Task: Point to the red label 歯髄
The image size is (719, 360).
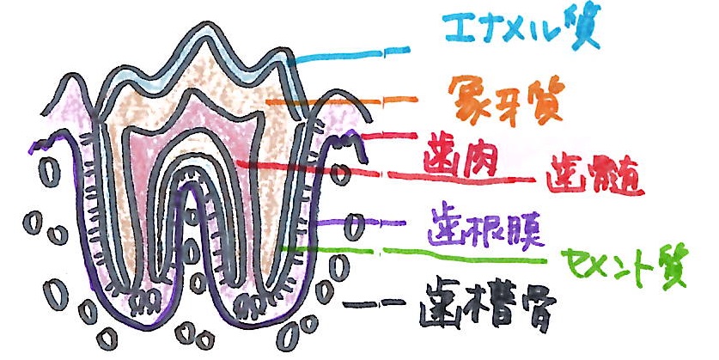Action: click(593, 176)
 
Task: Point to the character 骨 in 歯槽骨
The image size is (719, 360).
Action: click(539, 311)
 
